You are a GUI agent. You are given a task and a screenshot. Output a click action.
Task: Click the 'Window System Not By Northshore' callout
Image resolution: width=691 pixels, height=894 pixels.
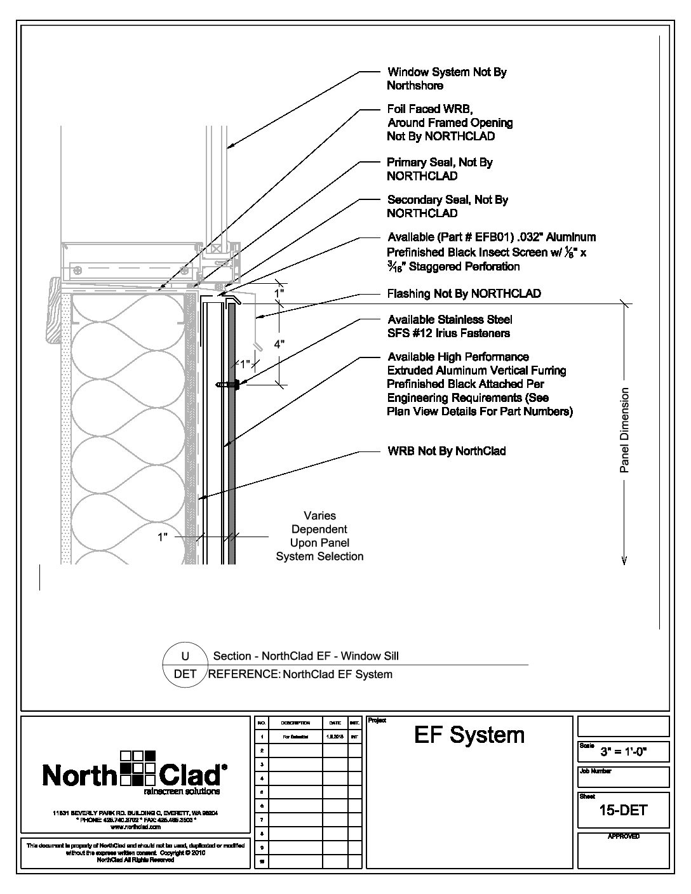pos(446,79)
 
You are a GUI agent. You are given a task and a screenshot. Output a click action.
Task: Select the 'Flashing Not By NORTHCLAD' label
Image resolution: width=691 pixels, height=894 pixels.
pos(464,293)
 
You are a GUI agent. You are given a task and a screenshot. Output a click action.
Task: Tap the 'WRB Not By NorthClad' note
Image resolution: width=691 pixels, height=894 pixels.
pos(446,451)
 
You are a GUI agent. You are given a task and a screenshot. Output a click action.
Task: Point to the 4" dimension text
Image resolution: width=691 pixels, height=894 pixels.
pos(278,344)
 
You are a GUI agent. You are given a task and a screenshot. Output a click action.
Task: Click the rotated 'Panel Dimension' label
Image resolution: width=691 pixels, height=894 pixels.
pos(624,430)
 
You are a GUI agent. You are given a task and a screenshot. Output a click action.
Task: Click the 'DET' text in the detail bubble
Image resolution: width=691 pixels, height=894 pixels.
pos(185,674)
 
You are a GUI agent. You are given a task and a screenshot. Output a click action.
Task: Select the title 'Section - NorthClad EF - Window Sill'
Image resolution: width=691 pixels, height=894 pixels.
pos(305,656)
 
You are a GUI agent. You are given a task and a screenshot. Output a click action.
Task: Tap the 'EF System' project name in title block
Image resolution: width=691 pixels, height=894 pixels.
pos(469,735)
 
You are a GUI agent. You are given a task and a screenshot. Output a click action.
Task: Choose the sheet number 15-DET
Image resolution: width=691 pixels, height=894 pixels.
pos(623,810)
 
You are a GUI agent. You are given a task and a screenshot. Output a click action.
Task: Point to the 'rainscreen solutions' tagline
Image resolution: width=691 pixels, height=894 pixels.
pos(182,792)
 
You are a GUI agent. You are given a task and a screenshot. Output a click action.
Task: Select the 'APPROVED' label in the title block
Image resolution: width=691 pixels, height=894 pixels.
pos(623,836)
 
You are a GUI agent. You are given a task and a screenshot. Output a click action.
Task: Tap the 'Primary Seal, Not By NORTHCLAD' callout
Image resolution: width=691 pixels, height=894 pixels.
pos(439,169)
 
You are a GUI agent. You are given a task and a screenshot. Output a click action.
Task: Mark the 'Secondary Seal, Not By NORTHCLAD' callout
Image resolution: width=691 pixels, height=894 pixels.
pos(447,206)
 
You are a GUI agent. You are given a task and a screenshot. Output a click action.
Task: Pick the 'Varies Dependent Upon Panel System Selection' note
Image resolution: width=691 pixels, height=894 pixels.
pos(319,536)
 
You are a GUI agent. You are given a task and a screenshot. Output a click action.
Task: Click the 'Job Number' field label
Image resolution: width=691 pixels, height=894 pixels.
pos(595,771)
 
